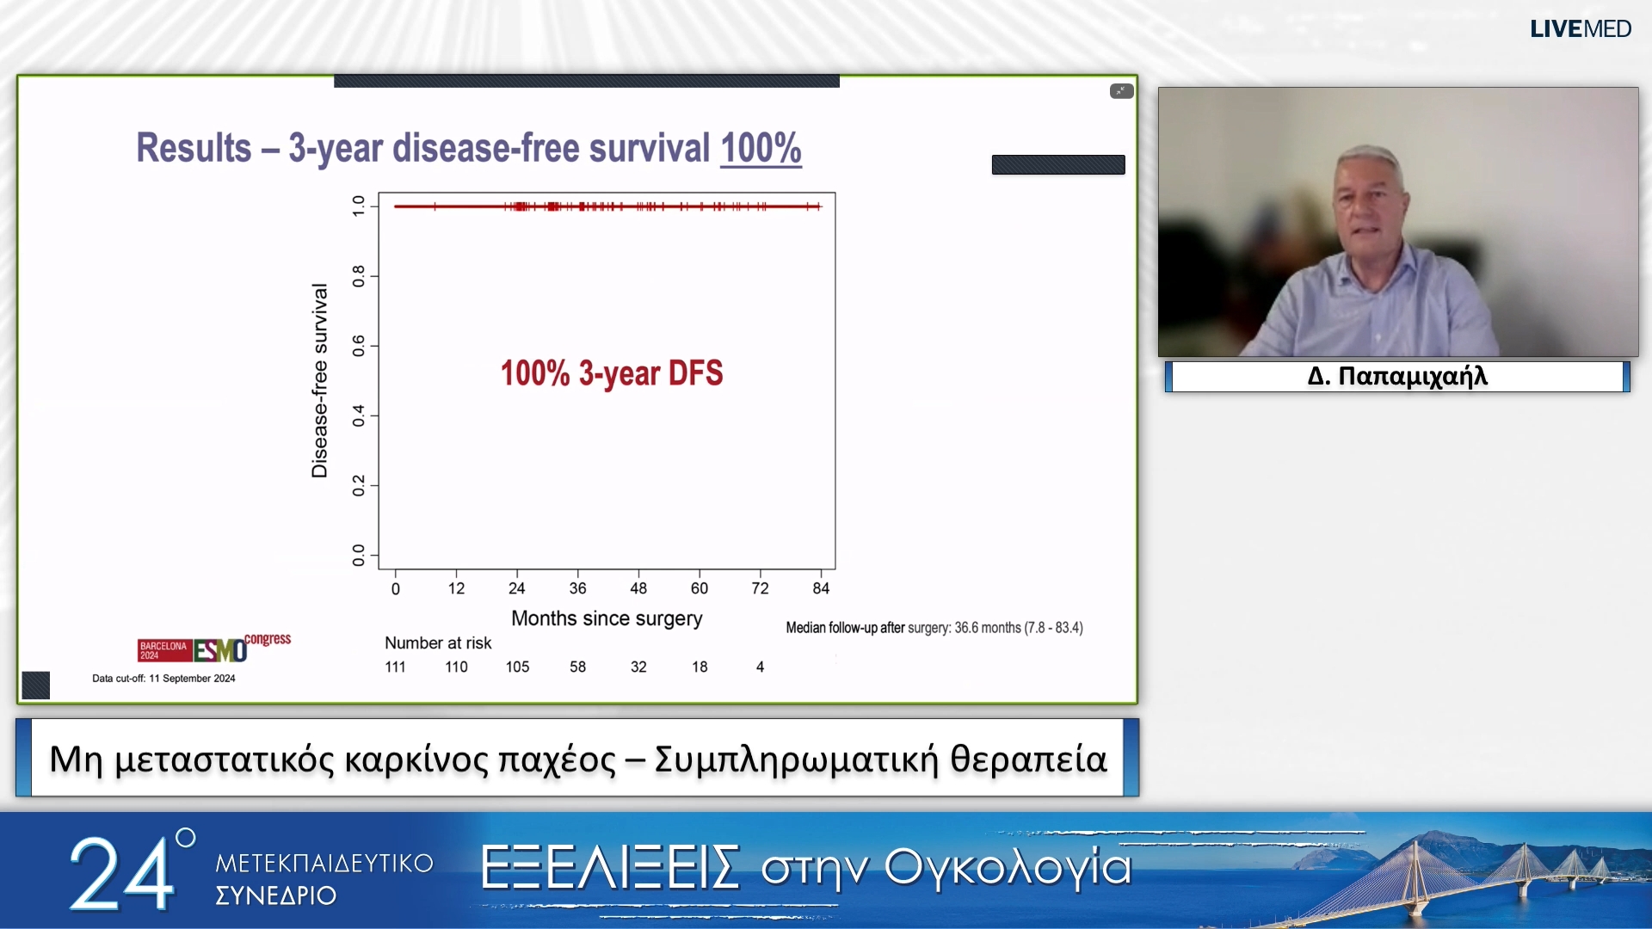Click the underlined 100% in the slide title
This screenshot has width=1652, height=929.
pos(761,148)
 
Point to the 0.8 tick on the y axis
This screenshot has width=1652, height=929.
pos(359,276)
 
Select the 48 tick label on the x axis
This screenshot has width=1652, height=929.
pos(638,588)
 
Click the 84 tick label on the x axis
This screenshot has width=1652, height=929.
pos(821,588)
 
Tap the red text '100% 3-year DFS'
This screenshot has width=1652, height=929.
pos(611,373)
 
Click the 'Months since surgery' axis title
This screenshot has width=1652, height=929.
pos(607,618)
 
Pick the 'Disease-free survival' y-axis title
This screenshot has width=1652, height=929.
pos(319,380)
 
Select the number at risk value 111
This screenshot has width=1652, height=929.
pos(395,667)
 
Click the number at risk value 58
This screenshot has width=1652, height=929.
pos(577,667)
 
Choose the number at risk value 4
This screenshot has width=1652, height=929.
pos(760,667)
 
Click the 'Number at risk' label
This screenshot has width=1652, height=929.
pos(438,643)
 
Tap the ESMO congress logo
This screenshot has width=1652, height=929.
pos(214,648)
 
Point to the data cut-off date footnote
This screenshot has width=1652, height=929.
pos(163,679)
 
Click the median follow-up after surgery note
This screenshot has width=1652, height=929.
pos(934,628)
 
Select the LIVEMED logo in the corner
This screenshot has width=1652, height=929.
pos(1580,29)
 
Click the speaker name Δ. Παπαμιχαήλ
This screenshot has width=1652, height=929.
pos(1397,377)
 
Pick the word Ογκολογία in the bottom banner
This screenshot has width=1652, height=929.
pos(1007,867)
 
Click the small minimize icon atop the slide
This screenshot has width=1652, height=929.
pos(1121,91)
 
